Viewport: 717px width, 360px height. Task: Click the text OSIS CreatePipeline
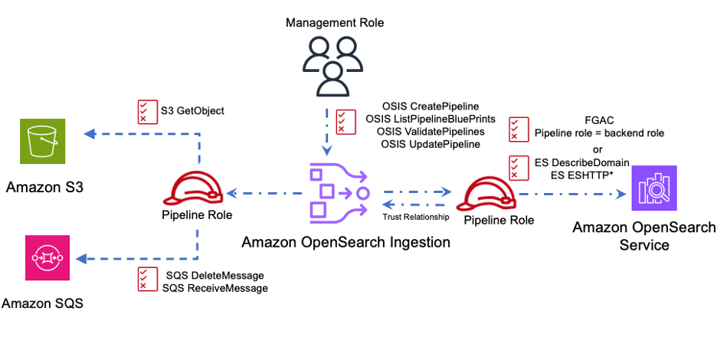(x=430, y=106)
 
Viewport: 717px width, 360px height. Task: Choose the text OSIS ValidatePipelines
(x=432, y=132)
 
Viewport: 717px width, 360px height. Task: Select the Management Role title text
(x=335, y=23)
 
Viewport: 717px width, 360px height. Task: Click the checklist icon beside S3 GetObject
(x=142, y=112)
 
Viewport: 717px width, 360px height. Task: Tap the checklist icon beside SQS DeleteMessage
(x=142, y=280)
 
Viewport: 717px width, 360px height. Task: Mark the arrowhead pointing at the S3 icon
(x=89, y=134)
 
